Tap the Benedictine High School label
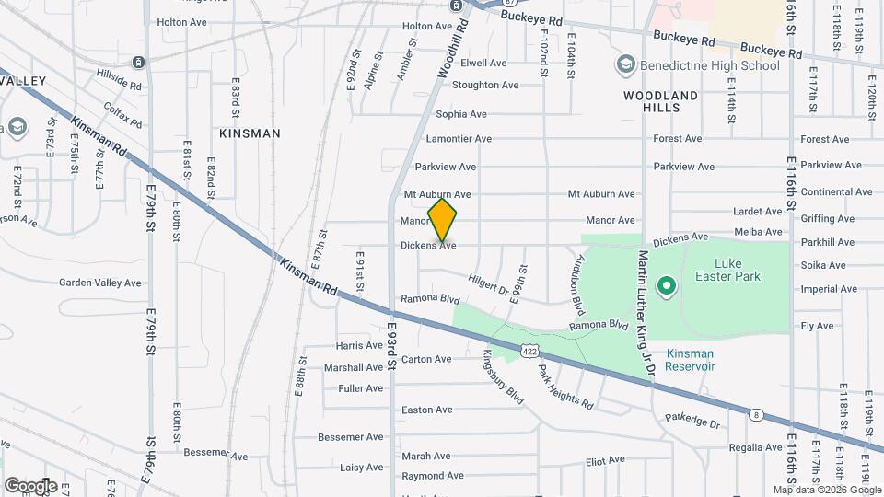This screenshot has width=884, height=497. point(710,65)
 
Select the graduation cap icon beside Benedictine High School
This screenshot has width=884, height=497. point(626,64)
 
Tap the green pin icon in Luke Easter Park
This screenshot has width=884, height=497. point(666,288)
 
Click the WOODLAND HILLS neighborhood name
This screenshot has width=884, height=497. point(661,101)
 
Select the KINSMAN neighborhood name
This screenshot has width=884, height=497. point(250,133)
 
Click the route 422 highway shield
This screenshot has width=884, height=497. point(529,351)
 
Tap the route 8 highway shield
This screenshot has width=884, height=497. point(755,414)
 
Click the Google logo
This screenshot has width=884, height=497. point(30,485)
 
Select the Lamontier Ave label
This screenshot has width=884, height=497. point(459,139)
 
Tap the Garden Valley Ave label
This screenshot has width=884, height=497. point(100,283)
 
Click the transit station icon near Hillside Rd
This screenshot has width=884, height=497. point(137,63)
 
